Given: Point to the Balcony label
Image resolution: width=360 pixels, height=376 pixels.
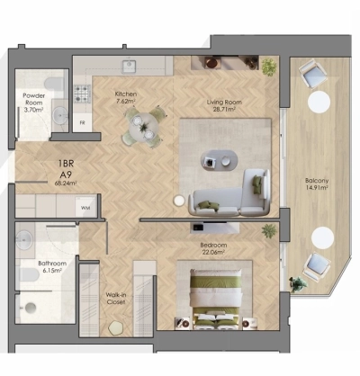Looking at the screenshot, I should pyautogui.click(x=315, y=182).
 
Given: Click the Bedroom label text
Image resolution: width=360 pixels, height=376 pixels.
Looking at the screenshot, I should pyautogui.click(x=213, y=245).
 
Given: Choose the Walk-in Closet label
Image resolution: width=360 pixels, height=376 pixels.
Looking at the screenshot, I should pyautogui.click(x=116, y=297).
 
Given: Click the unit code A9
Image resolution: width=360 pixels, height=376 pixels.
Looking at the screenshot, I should pyautogui.click(x=65, y=176).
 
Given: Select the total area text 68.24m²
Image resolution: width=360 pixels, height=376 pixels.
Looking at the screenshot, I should pyautogui.click(x=65, y=184).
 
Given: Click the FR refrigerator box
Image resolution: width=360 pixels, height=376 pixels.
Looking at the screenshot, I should pyautogui.click(x=83, y=121).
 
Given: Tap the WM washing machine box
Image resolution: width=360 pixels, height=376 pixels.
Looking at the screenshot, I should pyautogui.click(x=85, y=208).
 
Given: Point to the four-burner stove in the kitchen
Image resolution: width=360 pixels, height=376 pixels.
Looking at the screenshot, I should pyautogui.click(x=83, y=92).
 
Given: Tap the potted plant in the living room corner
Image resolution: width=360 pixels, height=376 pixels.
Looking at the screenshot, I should pyautogui.click(x=267, y=66).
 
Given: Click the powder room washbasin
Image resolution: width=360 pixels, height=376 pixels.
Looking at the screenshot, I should pyautogui.click(x=58, y=115).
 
